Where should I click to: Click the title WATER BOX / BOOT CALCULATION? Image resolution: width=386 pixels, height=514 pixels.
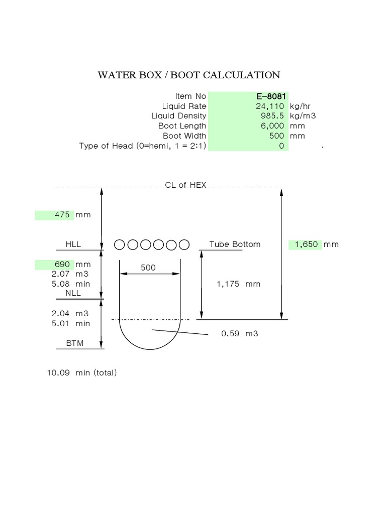click(188, 75)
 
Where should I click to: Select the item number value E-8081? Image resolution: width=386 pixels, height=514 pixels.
click(272, 96)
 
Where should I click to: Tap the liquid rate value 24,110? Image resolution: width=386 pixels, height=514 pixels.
click(270, 106)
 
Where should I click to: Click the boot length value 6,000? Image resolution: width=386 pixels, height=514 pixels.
click(272, 126)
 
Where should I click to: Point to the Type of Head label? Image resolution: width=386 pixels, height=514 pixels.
click(143, 146)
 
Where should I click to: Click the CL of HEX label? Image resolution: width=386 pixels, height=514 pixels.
click(185, 185)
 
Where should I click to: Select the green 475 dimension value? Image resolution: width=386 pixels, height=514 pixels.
click(64, 215)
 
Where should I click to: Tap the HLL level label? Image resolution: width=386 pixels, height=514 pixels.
click(73, 244)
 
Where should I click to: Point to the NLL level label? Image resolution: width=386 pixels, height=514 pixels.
click(73, 293)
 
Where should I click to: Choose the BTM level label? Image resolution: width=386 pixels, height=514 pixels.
click(74, 343)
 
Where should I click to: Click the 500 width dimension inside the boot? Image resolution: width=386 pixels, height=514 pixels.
click(148, 268)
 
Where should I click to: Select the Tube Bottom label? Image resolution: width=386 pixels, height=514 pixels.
click(235, 244)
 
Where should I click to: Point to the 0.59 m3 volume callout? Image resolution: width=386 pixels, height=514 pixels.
click(239, 333)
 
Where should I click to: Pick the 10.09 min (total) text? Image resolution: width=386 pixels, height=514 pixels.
click(82, 372)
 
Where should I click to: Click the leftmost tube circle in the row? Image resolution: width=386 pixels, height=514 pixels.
click(120, 244)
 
